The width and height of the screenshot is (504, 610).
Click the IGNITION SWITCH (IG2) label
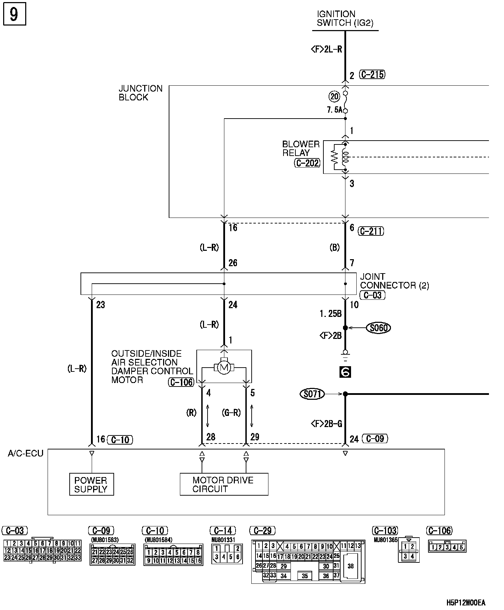[x=345, y=19]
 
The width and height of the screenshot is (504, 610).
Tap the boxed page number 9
[x=14, y=15]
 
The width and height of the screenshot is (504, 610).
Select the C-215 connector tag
[x=372, y=75]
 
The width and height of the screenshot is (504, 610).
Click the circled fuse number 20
[x=334, y=96]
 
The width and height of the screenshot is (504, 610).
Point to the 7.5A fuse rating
[x=334, y=110]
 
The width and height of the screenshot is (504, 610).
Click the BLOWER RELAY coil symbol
[x=345, y=157]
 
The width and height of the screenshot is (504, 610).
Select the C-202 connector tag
[x=307, y=163]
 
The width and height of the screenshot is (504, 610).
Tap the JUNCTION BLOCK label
[x=140, y=93]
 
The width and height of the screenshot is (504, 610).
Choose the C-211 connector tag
[x=371, y=231]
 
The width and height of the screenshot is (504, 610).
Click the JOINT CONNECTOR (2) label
[x=394, y=281]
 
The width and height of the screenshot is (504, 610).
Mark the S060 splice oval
[x=378, y=328]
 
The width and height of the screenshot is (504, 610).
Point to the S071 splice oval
[x=312, y=394]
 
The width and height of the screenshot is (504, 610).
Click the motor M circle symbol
[x=224, y=368]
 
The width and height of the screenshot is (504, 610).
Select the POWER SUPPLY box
[x=91, y=484]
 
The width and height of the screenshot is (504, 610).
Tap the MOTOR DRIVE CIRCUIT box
[x=224, y=484]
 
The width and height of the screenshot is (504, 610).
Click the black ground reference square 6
[x=345, y=372]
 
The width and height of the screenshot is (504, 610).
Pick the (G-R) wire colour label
[x=231, y=413]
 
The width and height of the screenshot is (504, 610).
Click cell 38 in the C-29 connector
[x=351, y=566]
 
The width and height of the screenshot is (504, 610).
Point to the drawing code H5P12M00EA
[x=466, y=603]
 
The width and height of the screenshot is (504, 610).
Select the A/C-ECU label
[x=26, y=454]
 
